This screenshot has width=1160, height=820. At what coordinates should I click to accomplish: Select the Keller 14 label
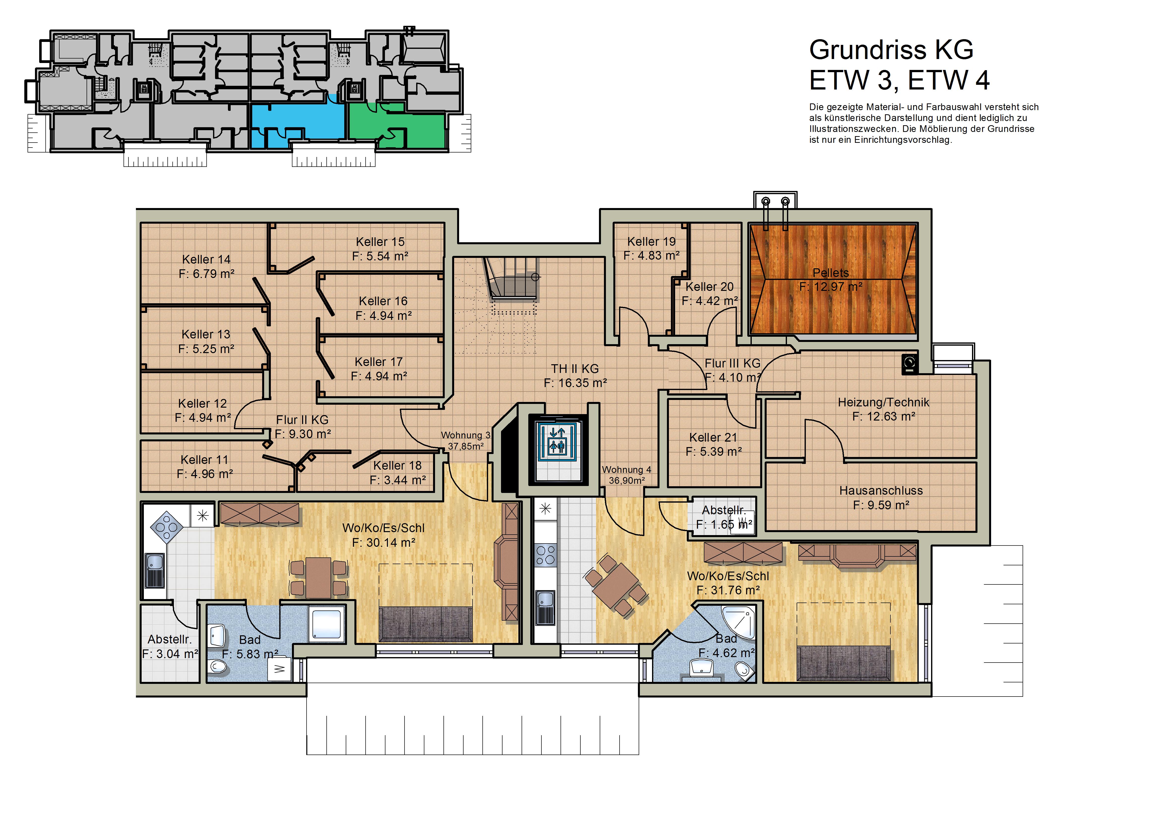click(206, 259)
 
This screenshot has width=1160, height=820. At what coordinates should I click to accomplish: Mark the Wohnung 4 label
click(627, 470)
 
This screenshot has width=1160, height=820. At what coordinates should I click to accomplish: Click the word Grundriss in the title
click(868, 50)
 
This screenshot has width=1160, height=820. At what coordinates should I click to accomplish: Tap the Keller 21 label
click(713, 438)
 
